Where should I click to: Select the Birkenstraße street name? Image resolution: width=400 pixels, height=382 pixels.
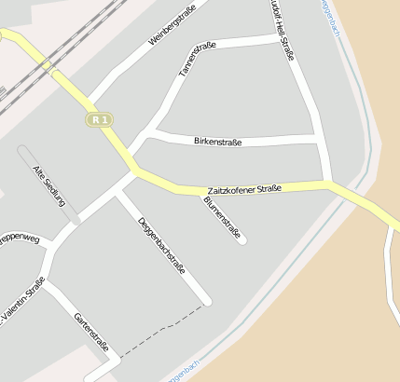pyautogui.click(x=217, y=142)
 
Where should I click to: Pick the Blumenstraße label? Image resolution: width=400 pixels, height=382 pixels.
pyautogui.click(x=222, y=218)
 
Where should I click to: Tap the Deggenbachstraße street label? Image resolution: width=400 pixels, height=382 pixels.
pyautogui.click(x=161, y=245)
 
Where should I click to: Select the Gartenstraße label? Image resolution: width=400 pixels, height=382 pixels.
pyautogui.click(x=91, y=333)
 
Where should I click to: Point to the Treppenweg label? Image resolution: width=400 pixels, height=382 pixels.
pyautogui.click(x=21, y=239)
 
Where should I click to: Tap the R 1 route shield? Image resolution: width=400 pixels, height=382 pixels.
pyautogui.click(x=100, y=119)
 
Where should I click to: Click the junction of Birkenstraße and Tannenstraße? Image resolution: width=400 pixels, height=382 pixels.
pyautogui.click(x=154, y=133)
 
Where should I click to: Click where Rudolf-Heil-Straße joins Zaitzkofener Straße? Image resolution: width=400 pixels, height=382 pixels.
pyautogui.click(x=329, y=183)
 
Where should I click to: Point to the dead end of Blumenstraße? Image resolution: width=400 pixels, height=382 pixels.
pyautogui.click(x=243, y=241)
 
